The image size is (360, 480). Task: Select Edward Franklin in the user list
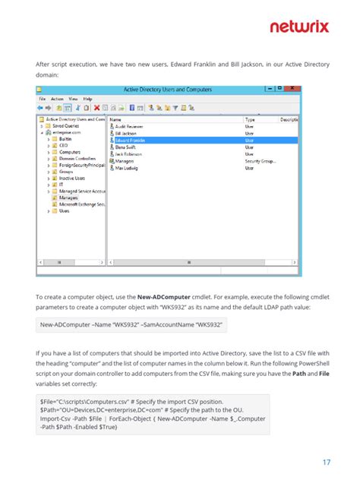(x=131, y=141)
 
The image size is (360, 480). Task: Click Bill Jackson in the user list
(x=128, y=134)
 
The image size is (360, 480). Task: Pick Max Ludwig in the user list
(x=128, y=168)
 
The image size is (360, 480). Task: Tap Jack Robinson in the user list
(x=129, y=154)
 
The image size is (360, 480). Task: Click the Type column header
(x=250, y=120)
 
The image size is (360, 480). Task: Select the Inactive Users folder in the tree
(x=72, y=178)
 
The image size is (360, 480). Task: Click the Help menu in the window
(x=88, y=99)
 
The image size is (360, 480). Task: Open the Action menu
(x=58, y=99)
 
